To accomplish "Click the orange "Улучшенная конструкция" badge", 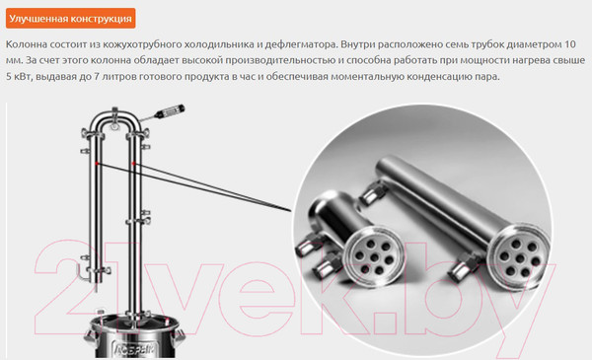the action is click(71, 19).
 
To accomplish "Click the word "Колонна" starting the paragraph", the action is click(27, 44).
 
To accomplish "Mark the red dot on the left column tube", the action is click(97, 164).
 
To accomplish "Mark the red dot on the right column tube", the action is click(133, 164).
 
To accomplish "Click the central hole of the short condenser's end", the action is click(374, 257).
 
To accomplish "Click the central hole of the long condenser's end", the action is click(521, 258).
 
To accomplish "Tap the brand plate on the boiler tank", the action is click(135, 350).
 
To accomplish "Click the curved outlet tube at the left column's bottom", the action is click(83, 272).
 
